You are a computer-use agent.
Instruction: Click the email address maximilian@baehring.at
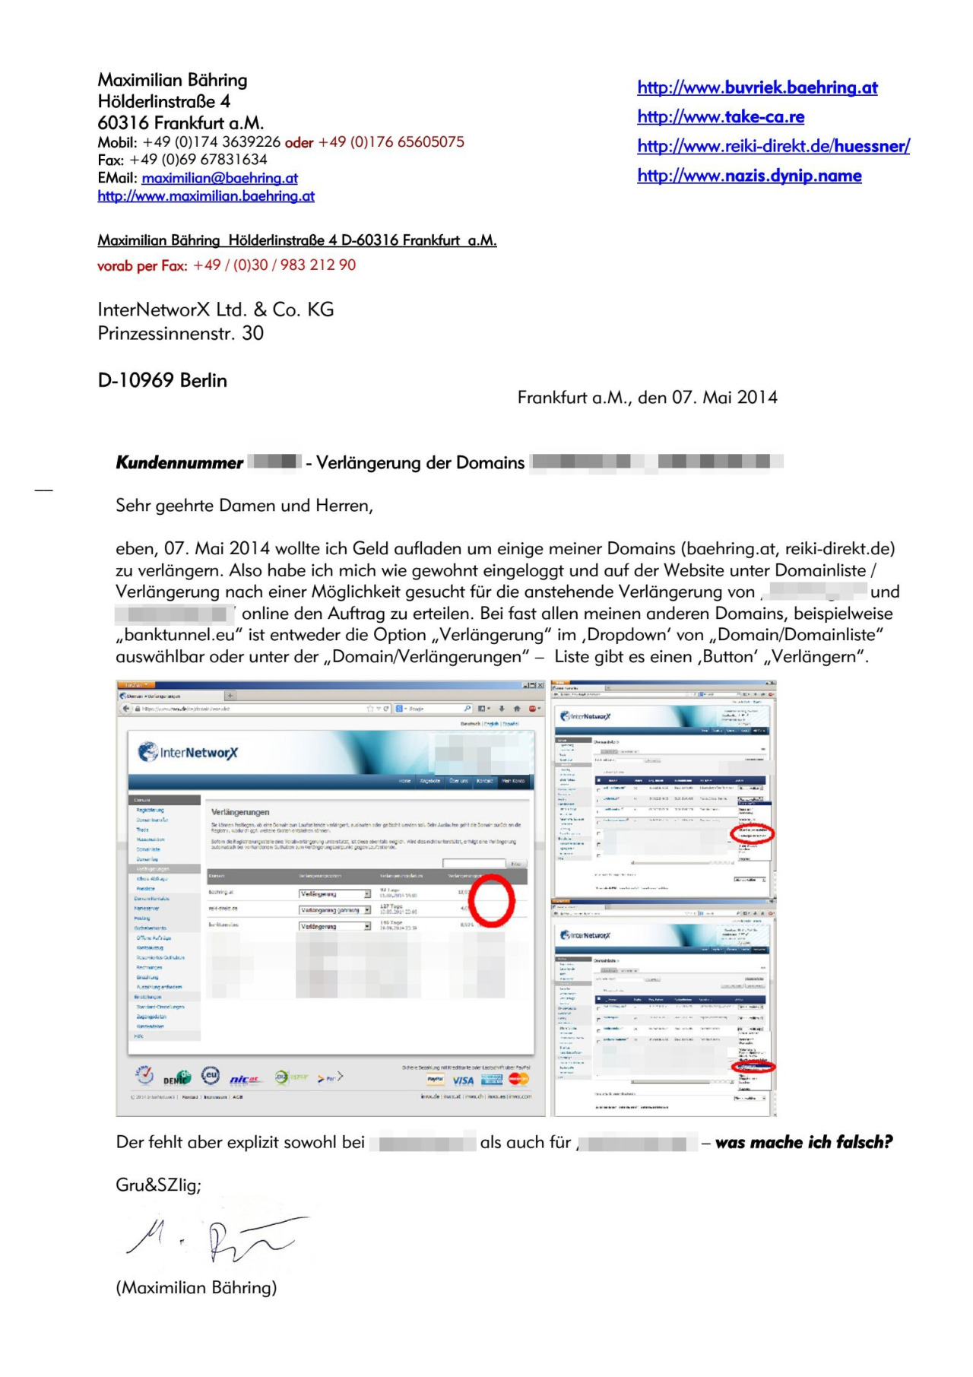(x=219, y=178)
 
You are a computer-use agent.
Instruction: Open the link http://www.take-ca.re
(x=720, y=117)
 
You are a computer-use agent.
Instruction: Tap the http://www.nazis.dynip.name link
(x=749, y=176)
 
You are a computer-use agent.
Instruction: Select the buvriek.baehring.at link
(x=757, y=88)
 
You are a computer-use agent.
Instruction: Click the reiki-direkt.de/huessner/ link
(x=773, y=147)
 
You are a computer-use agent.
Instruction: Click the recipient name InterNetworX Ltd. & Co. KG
(x=215, y=309)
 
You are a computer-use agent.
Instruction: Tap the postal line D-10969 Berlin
(x=162, y=380)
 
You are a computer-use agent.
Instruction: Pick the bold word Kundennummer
(x=179, y=463)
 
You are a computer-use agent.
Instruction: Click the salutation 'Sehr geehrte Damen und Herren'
(x=244, y=506)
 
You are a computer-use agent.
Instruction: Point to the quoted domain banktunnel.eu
(x=183, y=635)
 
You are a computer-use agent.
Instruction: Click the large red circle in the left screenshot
(x=491, y=900)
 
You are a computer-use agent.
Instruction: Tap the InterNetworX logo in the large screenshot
(x=188, y=753)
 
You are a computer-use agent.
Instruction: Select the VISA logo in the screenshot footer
(x=463, y=1080)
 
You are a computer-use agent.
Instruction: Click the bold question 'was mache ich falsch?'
(x=803, y=1142)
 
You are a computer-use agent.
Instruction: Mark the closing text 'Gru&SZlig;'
(x=158, y=1185)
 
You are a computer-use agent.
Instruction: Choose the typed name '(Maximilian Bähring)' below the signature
(x=196, y=1287)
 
